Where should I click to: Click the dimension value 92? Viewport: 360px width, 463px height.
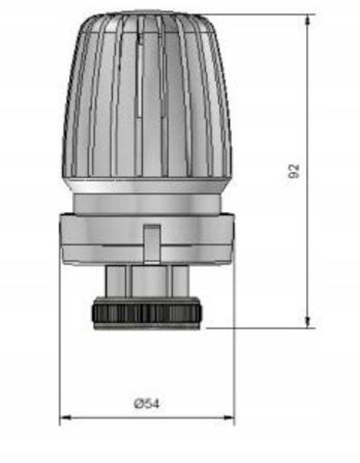(x=293, y=171)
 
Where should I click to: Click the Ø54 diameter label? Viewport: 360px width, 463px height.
(x=147, y=404)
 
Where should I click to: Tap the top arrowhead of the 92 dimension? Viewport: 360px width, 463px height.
(x=307, y=20)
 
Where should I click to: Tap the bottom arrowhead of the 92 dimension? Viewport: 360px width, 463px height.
(x=307, y=321)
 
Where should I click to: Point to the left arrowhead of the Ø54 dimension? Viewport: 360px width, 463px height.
(x=65, y=417)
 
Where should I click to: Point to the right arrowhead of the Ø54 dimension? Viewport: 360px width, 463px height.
(x=229, y=417)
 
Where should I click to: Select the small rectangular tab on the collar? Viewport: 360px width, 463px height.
(x=152, y=244)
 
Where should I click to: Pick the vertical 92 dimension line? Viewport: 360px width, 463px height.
(x=307, y=171)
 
